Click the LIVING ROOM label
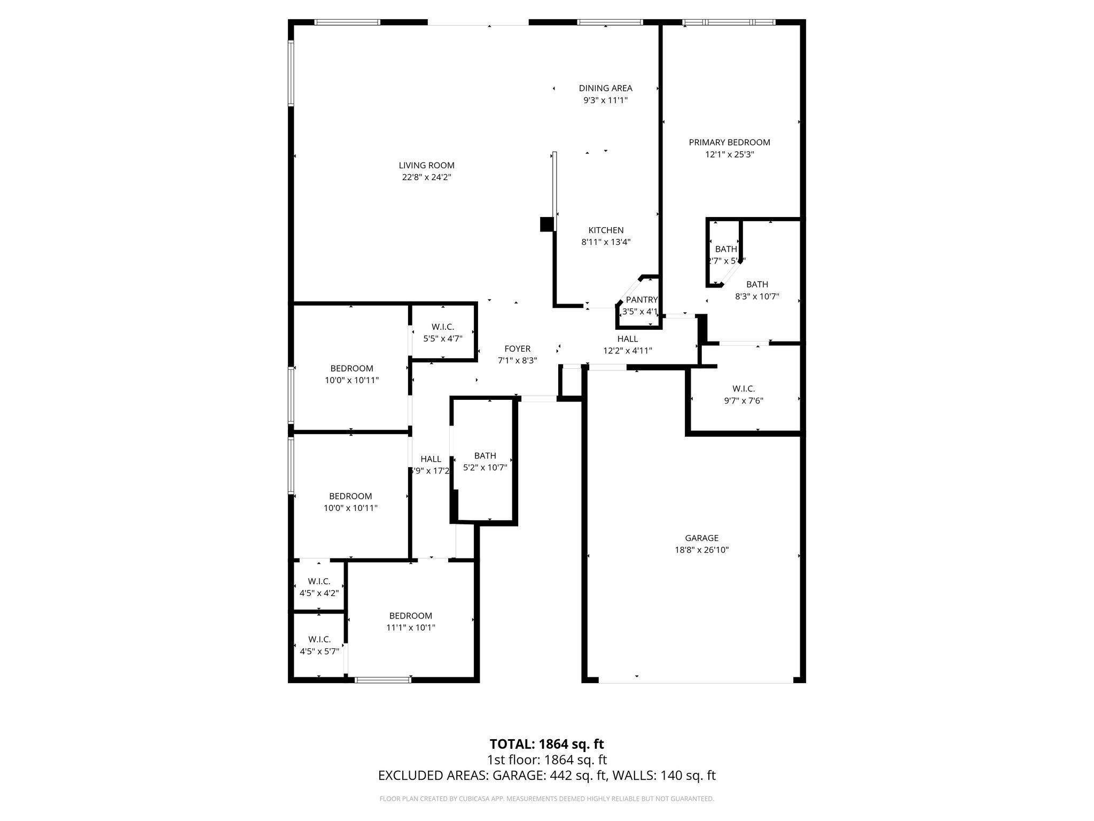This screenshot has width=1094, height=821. tap(426, 166)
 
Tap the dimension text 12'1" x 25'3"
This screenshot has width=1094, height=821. tap(729, 154)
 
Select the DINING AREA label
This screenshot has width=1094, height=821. tap(605, 88)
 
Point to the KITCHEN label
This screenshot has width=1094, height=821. tap(606, 230)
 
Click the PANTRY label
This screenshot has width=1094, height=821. tap(641, 300)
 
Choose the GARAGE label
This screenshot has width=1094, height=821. tap(701, 538)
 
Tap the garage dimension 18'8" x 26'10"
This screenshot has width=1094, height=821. tap(701, 550)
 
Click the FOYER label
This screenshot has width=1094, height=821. tap(517, 349)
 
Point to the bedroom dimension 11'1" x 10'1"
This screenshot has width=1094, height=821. tap(410, 628)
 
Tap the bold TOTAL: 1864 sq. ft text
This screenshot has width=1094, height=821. tap(546, 744)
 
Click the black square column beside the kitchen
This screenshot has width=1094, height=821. tap(546, 224)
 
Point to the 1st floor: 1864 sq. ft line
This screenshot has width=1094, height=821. tap(546, 760)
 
